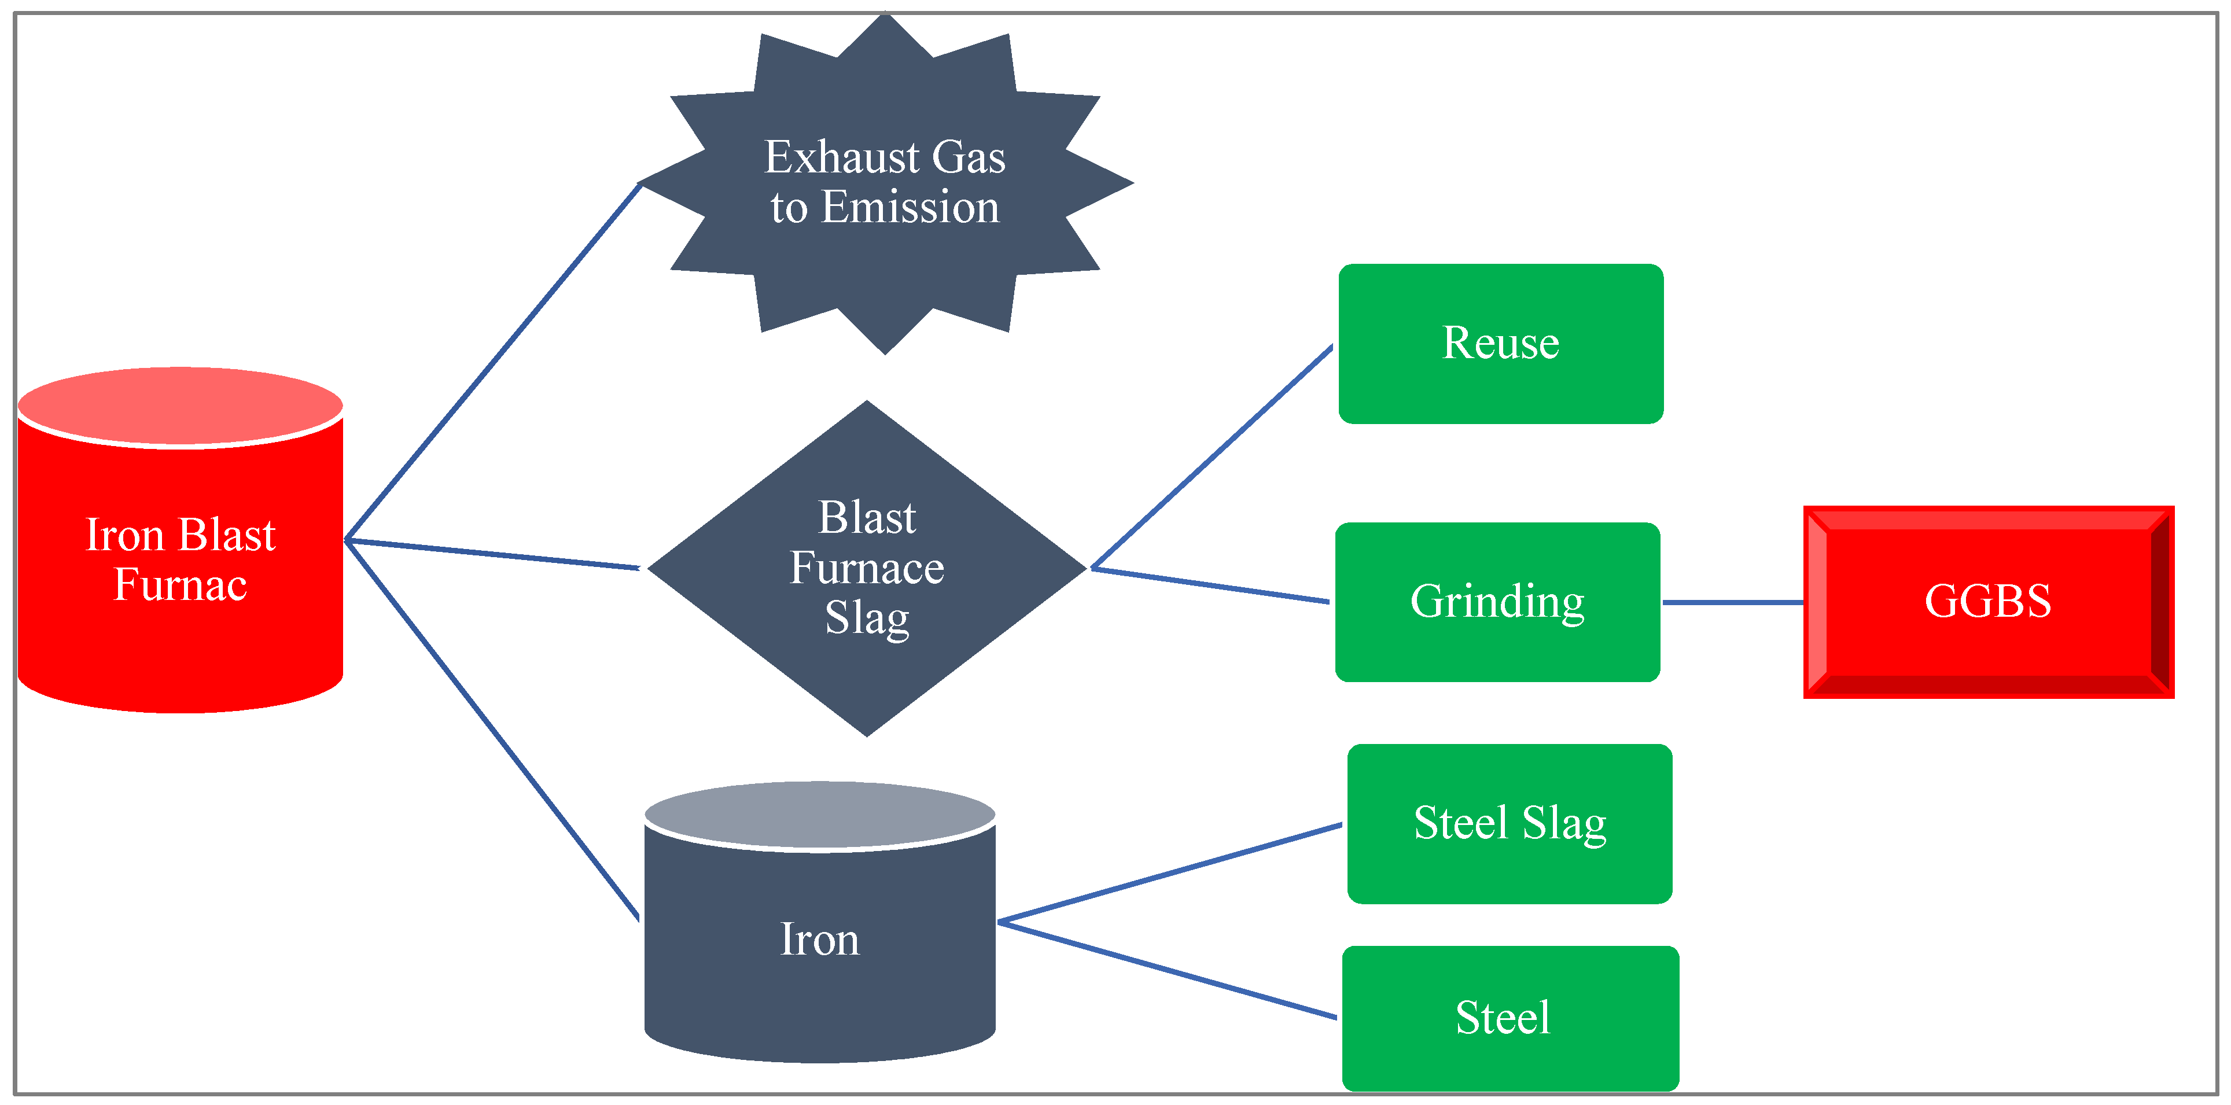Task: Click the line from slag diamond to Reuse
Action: click(x=1213, y=456)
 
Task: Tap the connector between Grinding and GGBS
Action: click(x=1732, y=602)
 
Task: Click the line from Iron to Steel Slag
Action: click(x=1169, y=873)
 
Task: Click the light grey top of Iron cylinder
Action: click(x=819, y=814)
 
